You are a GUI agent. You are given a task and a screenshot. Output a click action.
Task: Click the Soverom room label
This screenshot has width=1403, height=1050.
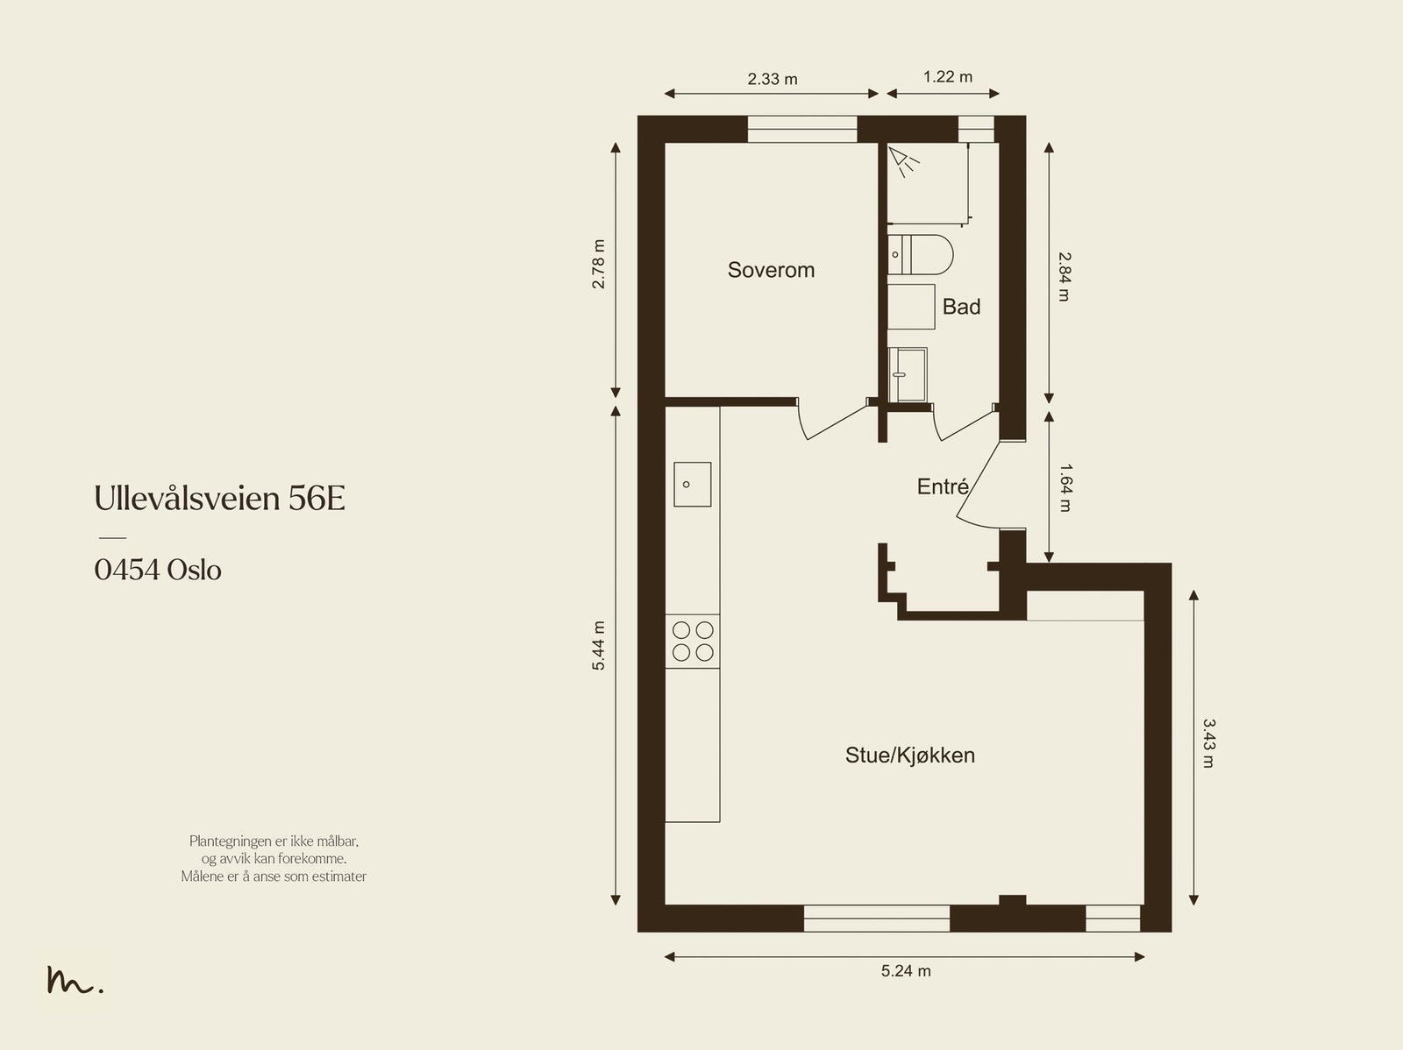pos(771,270)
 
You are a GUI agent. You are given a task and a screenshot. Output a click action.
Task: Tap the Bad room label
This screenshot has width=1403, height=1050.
pos(961,307)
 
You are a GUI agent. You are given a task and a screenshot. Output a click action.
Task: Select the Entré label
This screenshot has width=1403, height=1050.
pos(943,486)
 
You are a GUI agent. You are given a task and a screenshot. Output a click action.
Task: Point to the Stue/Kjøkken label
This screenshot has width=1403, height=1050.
pos(910,755)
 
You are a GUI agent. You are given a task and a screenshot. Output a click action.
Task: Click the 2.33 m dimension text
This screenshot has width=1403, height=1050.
pos(773,79)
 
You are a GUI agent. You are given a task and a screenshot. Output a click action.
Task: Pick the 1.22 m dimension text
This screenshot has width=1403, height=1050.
pos(947,76)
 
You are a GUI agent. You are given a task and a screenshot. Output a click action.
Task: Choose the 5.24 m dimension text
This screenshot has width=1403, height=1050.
pos(906,971)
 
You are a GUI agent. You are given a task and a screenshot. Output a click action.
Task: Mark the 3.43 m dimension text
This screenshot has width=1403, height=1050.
pos(1208,742)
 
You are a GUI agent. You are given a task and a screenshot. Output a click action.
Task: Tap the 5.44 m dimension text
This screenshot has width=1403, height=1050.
pos(598,645)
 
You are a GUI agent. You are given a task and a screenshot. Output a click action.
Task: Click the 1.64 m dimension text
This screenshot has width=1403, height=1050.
pos(1065,487)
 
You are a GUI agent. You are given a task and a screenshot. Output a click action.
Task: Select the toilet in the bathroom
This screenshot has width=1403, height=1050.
pos(920,254)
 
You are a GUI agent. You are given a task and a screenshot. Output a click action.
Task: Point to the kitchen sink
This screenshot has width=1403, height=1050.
pos(692,484)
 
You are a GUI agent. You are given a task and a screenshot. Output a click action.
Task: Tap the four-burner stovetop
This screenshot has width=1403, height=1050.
pos(692,642)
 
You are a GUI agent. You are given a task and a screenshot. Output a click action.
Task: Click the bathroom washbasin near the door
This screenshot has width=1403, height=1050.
pos(908,375)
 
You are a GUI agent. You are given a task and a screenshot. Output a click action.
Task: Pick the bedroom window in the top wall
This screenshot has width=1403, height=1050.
pos(802,129)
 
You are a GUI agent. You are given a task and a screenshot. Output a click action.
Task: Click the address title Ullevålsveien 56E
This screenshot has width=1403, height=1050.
pos(220,498)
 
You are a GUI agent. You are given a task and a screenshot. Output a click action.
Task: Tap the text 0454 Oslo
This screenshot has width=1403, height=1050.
pos(158,570)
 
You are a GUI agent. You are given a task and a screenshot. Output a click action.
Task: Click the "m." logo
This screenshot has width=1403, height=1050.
pos(75,979)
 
